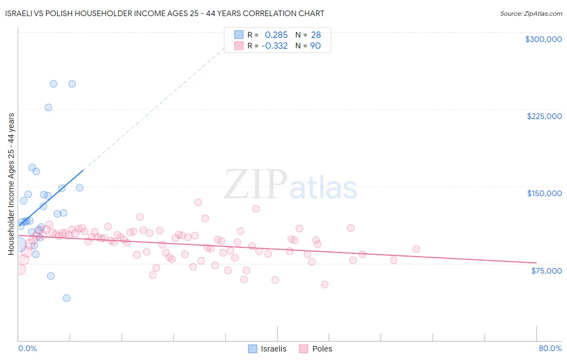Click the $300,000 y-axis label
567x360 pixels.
(543, 39)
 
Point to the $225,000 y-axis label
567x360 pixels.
(544, 116)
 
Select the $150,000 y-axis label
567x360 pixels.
(544, 193)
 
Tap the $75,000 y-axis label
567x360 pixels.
(546, 271)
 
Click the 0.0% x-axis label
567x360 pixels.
(27, 348)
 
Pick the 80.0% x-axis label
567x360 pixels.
(550, 348)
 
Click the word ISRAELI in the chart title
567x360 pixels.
(19, 13)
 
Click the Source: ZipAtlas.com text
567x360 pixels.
(531, 14)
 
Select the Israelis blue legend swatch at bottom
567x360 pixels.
(252, 349)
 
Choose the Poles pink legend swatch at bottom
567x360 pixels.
(304, 349)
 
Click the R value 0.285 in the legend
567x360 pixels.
(276, 35)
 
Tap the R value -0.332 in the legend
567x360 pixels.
(275, 46)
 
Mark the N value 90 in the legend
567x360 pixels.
(315, 46)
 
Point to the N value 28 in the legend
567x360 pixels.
(316, 35)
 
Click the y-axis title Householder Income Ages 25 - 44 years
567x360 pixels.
(11, 184)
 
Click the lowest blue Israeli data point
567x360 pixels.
(67, 298)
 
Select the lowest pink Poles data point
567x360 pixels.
(325, 285)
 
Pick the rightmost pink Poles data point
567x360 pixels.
(416, 249)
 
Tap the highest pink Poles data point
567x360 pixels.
(198, 202)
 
